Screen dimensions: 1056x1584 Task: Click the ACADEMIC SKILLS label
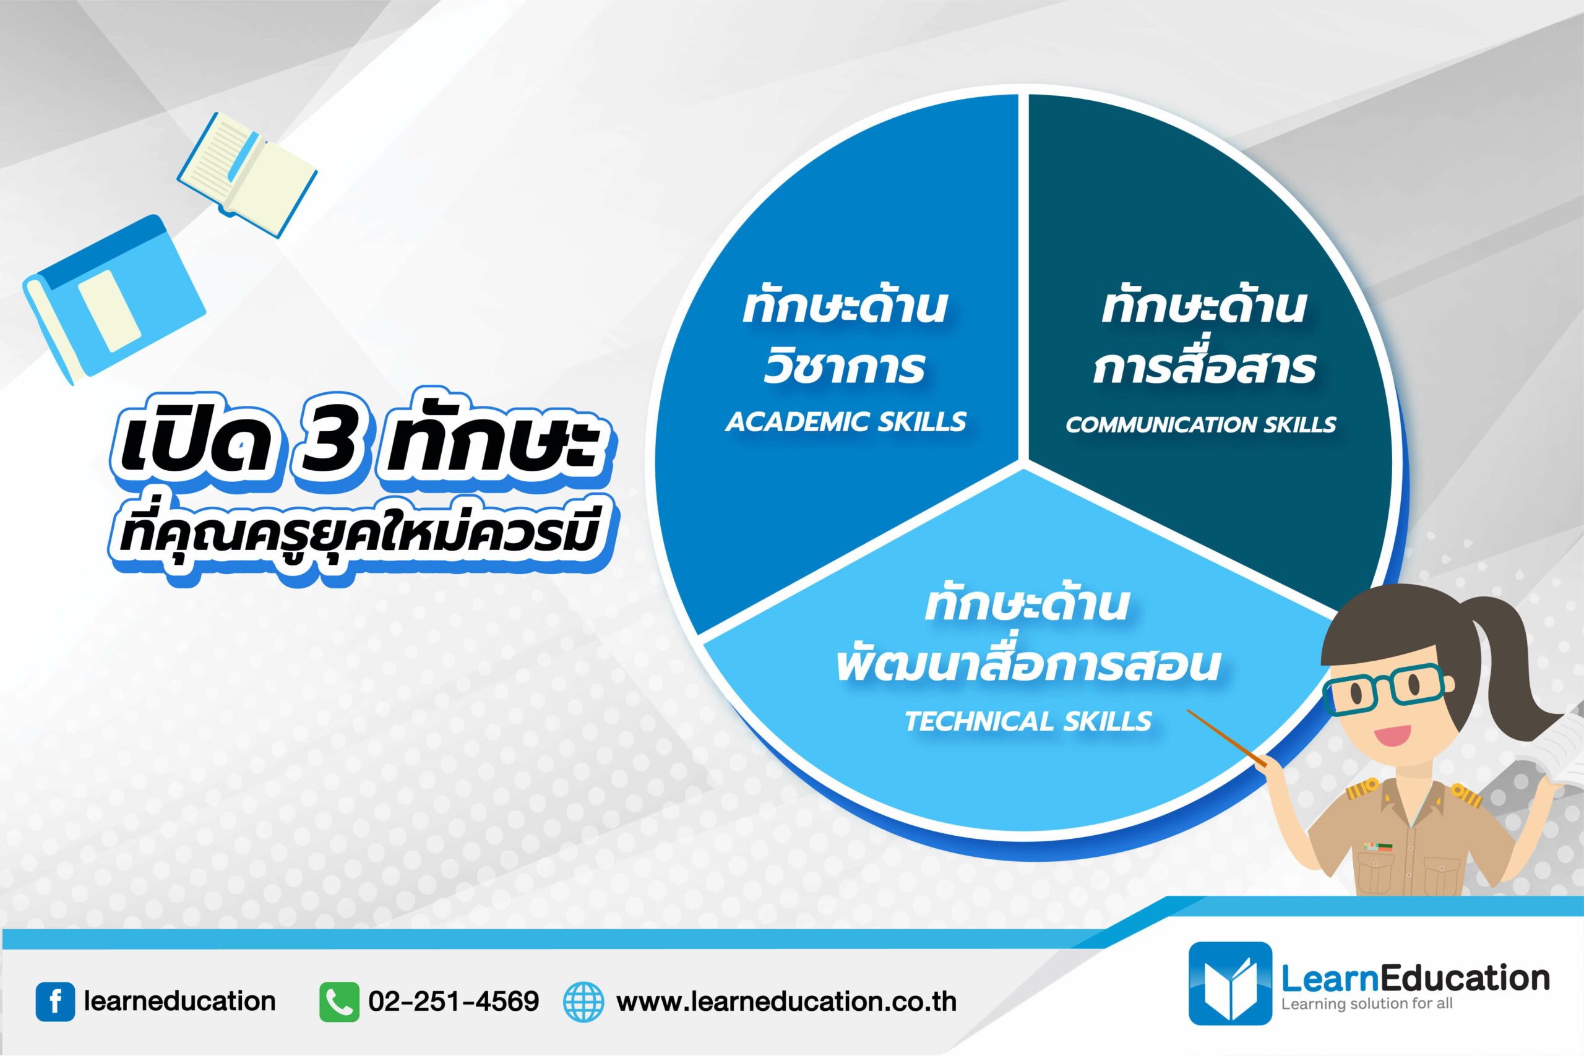coord(845,423)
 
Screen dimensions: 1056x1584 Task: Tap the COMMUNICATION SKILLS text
coord(1200,425)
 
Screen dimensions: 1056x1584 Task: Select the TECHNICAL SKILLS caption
coord(1028,722)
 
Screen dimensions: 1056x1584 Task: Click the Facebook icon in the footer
coord(54,1002)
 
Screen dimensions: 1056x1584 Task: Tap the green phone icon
coord(338,1002)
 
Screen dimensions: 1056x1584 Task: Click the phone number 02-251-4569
coord(454,1002)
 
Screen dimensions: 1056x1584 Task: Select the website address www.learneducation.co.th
coord(786,1002)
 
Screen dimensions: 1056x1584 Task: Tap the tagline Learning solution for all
coord(1366,1004)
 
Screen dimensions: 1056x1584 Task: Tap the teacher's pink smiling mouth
coord(1392,734)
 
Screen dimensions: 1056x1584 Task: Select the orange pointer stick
coord(1226,737)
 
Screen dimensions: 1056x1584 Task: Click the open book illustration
coord(246,174)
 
